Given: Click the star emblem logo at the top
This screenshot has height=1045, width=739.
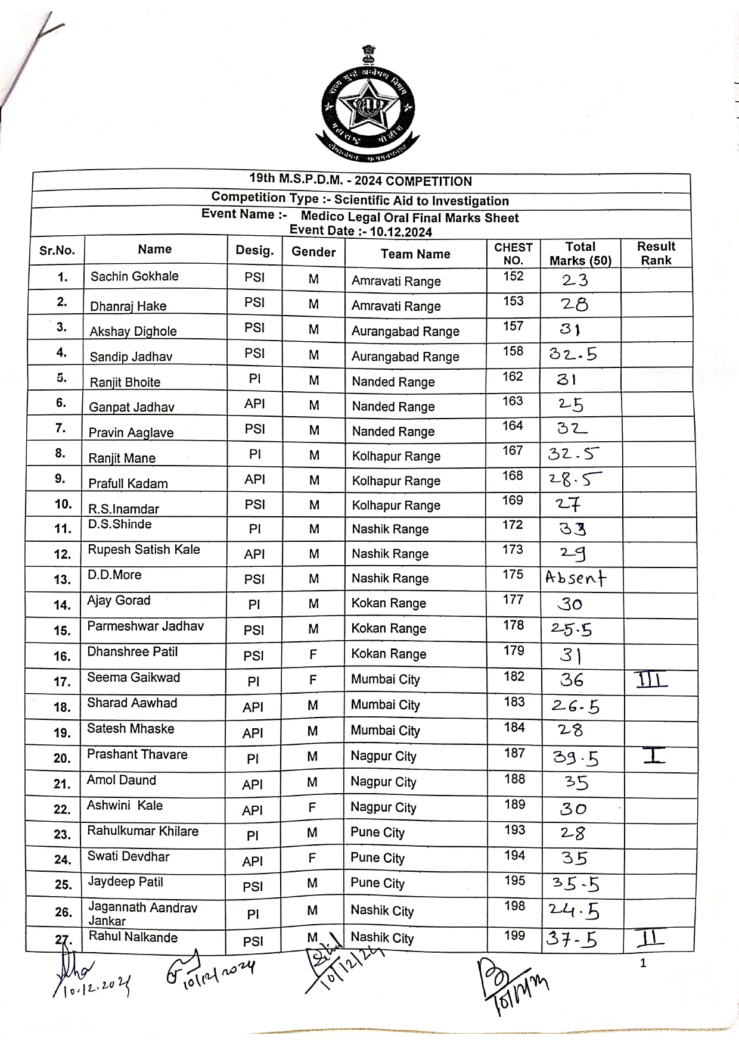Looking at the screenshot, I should (368, 107).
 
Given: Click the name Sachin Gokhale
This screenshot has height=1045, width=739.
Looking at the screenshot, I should (134, 276).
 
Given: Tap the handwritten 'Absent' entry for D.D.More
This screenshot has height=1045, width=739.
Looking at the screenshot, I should (576, 578).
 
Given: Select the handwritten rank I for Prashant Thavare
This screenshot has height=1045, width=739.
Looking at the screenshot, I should (654, 756).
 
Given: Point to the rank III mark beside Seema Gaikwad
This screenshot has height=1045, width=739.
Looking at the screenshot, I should (651, 679).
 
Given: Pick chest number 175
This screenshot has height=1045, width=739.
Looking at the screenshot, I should (513, 575).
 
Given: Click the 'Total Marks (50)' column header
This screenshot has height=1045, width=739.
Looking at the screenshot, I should (580, 254).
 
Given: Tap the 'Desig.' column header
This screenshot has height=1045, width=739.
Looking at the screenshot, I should (254, 251).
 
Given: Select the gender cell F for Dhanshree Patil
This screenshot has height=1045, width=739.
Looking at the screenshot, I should (313, 654).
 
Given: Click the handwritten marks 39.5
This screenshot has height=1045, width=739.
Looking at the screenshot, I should (575, 758).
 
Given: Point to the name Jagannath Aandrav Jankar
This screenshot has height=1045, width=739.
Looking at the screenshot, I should (142, 914).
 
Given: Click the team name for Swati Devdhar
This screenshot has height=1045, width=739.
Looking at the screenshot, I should (377, 858).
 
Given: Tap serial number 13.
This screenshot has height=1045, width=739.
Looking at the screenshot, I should (63, 579).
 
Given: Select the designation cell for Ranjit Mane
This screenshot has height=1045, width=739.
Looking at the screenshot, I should (255, 455).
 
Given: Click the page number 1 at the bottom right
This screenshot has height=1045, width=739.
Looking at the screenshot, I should (642, 963).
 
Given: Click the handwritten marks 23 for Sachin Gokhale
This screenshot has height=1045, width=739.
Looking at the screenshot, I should (575, 280).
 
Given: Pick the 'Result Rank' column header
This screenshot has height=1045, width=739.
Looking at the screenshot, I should (656, 253).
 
